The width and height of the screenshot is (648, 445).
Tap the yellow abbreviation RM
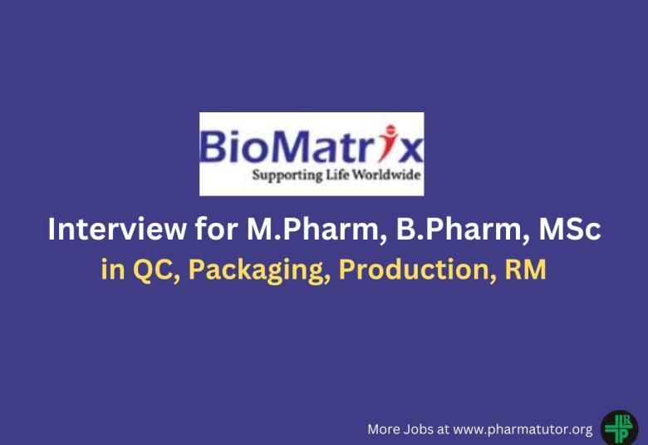tap(526, 270)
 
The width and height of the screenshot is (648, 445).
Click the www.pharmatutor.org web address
tap(523, 429)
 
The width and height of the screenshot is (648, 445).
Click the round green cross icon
tap(619, 428)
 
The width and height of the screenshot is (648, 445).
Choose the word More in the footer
tap(384, 429)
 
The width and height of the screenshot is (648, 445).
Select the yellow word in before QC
tap(109, 270)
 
